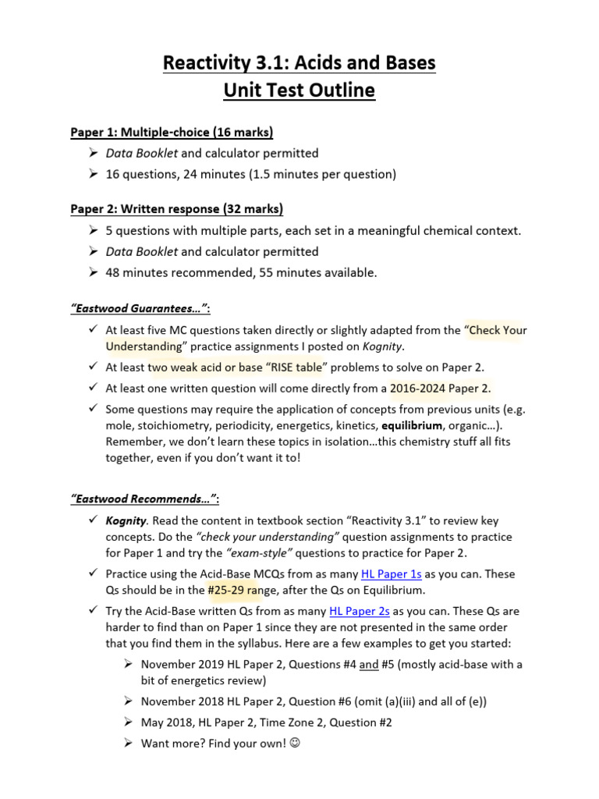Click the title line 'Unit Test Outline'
click(299, 91)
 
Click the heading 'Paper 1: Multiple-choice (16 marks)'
click(172, 132)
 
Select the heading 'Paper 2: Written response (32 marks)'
click(176, 209)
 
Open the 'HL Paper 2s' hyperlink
click(360, 611)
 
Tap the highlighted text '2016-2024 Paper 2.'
click(441, 388)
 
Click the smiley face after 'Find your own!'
click(295, 744)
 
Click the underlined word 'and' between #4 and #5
click(369, 664)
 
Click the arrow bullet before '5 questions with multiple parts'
click(92, 231)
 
